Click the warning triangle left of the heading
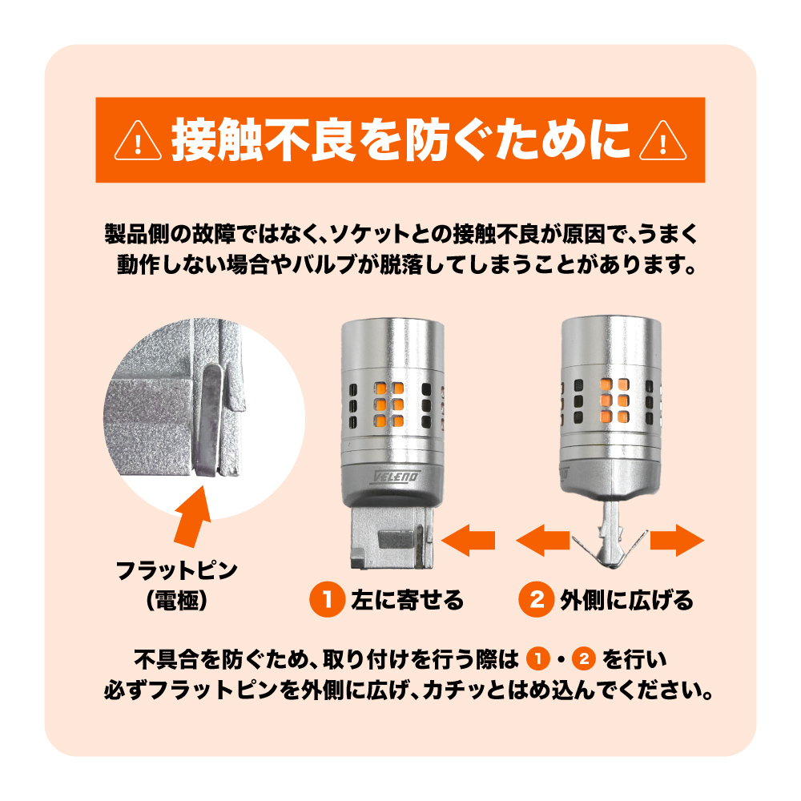138,142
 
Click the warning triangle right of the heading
662,142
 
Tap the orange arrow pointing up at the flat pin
193,516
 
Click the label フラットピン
176,570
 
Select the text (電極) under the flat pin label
176,600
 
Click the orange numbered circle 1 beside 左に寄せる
328,599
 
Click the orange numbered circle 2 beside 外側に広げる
537,599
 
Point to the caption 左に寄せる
407,600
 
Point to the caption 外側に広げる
627,600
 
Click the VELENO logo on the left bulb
396,477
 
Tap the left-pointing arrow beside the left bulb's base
468,541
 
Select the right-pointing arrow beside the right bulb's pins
677,541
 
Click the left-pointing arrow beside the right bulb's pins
542,541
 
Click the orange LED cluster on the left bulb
388,405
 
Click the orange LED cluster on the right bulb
614,401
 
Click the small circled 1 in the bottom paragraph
538,658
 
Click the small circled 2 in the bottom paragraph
584,658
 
